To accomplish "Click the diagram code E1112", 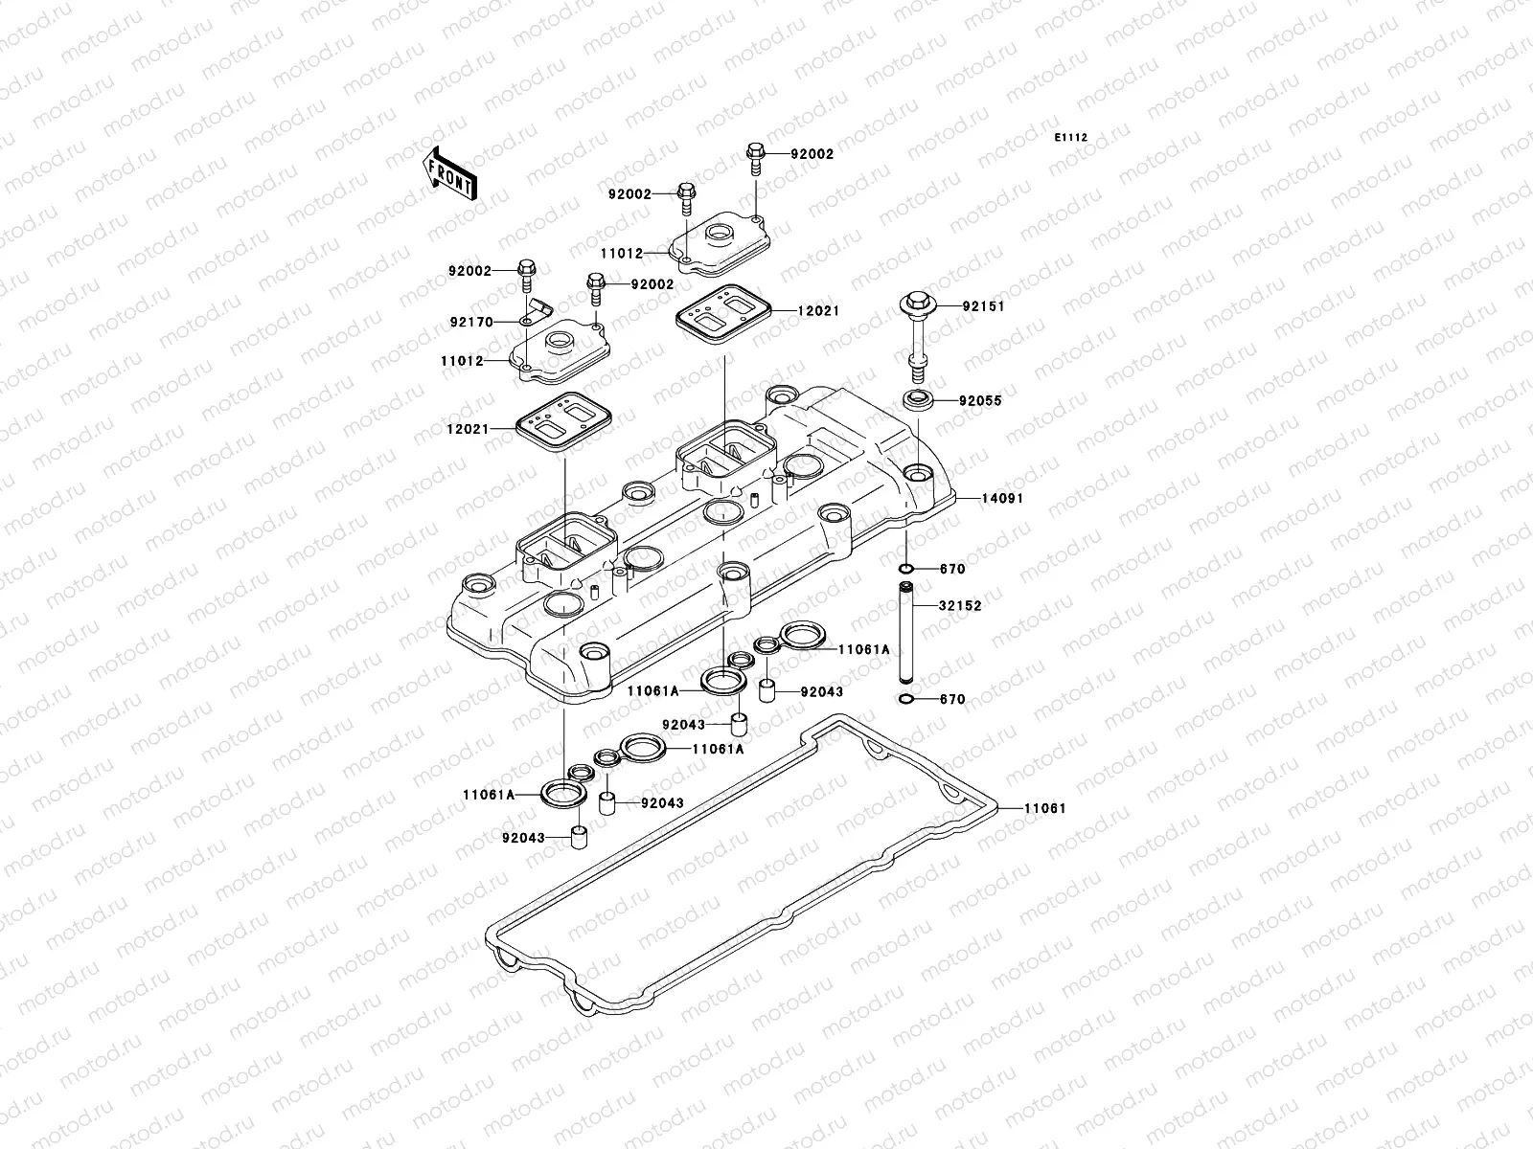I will click(1071, 138).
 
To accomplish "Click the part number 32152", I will click(960, 606).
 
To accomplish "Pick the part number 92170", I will click(472, 323).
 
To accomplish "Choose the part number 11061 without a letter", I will click(1044, 808).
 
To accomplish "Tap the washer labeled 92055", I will click(917, 399).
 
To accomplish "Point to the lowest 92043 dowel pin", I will click(578, 838).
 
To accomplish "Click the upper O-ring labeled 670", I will click(906, 569).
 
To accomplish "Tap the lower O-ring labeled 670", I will click(906, 699).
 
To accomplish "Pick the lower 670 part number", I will click(952, 700).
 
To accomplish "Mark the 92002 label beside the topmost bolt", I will click(812, 154).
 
